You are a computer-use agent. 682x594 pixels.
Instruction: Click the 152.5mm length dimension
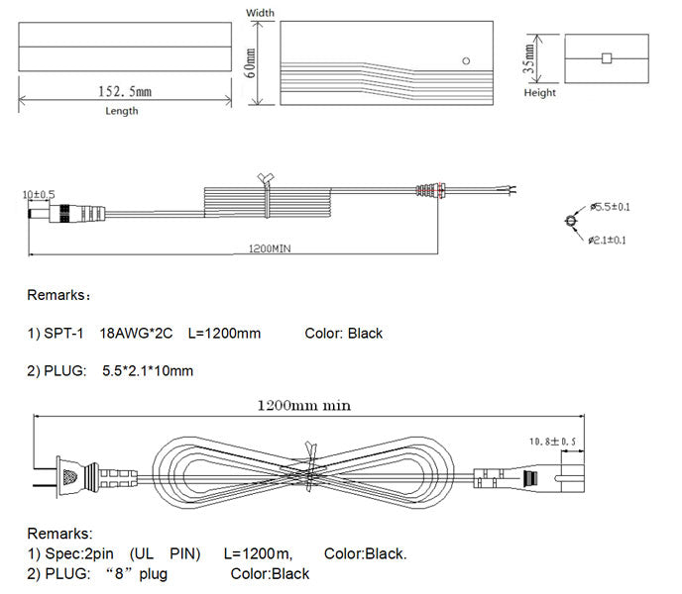[x=125, y=92]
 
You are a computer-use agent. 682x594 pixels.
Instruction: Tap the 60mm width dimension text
[x=250, y=63]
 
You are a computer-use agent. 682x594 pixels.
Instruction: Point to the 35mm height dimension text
[x=528, y=58]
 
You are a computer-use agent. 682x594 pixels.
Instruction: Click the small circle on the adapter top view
[x=466, y=60]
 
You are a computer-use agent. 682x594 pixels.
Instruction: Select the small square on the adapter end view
[x=607, y=58]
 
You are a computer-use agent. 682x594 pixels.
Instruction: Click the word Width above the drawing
[x=260, y=13]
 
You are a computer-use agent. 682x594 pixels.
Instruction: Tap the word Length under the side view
[x=122, y=111]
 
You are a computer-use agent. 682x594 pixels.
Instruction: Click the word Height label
[x=540, y=92]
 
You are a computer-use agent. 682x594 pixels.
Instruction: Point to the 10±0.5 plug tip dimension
[x=39, y=194]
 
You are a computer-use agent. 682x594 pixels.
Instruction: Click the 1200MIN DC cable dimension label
[x=270, y=248]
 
